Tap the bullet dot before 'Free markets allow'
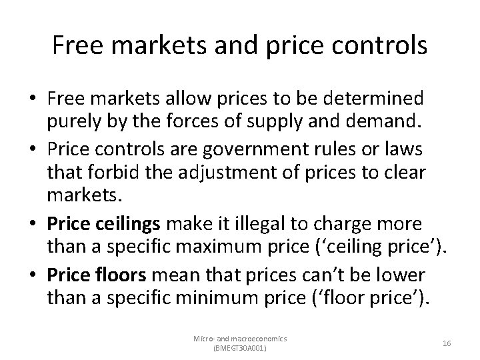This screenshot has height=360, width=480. pyautogui.click(x=33, y=99)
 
